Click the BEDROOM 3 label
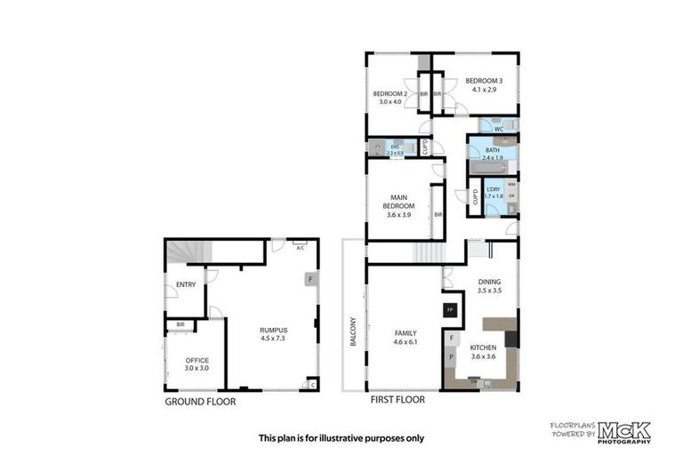coord(486,83)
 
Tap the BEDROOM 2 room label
coord(390,94)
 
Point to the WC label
coord(498,129)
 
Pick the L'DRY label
coord(494,189)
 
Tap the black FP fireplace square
coord(449,310)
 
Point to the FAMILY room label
coord(405,333)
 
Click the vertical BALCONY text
coord(352,331)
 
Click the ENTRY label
coord(186,284)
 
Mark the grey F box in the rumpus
coord(309,279)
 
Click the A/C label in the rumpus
coord(300,248)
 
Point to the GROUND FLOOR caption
coord(199,401)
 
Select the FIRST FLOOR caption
coord(398,400)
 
